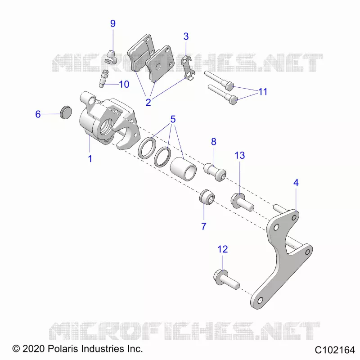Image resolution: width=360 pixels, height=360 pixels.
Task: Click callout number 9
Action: point(113,23)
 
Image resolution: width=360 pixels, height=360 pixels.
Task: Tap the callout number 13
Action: point(239,155)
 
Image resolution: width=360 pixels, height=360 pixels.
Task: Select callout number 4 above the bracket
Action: point(296,183)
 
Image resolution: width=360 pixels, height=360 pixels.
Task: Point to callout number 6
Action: point(38,114)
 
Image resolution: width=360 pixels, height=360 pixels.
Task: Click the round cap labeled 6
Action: point(66,112)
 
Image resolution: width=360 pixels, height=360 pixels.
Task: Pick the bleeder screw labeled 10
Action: point(103,78)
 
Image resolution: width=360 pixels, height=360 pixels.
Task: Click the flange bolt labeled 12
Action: point(226,279)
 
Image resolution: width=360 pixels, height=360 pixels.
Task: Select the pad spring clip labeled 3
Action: point(188,68)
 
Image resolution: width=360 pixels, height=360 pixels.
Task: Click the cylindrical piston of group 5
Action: point(183,169)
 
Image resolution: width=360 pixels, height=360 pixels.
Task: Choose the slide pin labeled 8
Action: point(215,171)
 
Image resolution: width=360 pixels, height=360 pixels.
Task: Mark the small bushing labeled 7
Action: point(207,198)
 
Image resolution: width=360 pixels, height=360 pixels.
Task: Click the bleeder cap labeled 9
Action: point(111,58)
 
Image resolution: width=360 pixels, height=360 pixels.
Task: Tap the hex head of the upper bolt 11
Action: point(229,86)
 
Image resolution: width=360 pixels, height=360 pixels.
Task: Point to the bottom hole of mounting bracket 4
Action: point(260,300)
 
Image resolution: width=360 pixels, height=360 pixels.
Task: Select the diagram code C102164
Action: point(334,350)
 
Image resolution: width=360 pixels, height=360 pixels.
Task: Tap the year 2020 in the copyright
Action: point(33,349)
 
